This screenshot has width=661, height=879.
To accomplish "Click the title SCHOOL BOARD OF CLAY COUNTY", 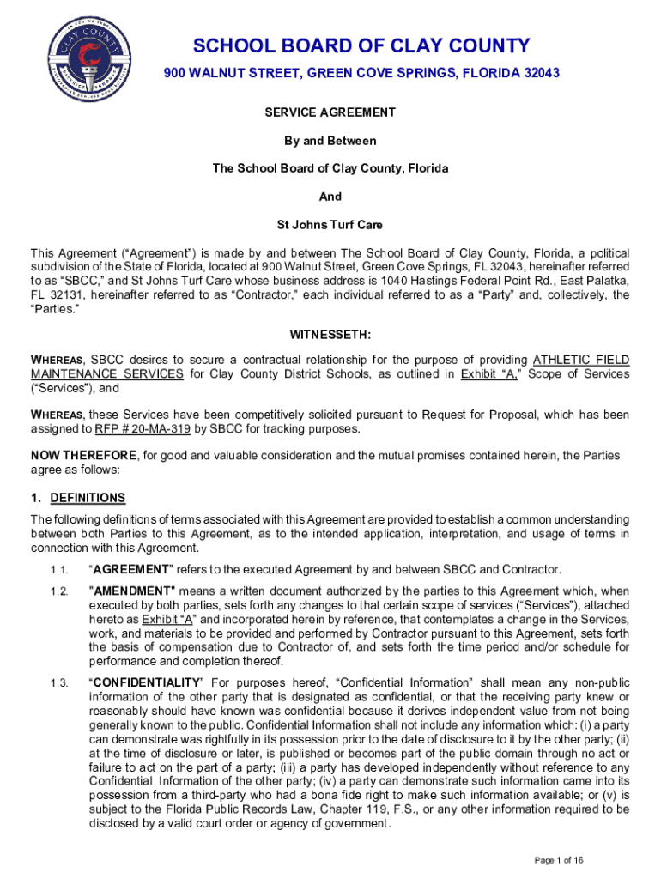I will tap(361, 45).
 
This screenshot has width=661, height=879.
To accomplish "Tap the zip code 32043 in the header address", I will tap(541, 74).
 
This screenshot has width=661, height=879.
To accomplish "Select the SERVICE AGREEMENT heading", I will tap(330, 112).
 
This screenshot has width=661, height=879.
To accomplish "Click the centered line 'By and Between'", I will tap(330, 141).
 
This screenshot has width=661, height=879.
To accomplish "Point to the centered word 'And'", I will tap(330, 197).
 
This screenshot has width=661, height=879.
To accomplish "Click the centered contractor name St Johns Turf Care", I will tap(330, 225).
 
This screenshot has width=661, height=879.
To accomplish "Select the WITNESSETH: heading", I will tap(330, 333).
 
